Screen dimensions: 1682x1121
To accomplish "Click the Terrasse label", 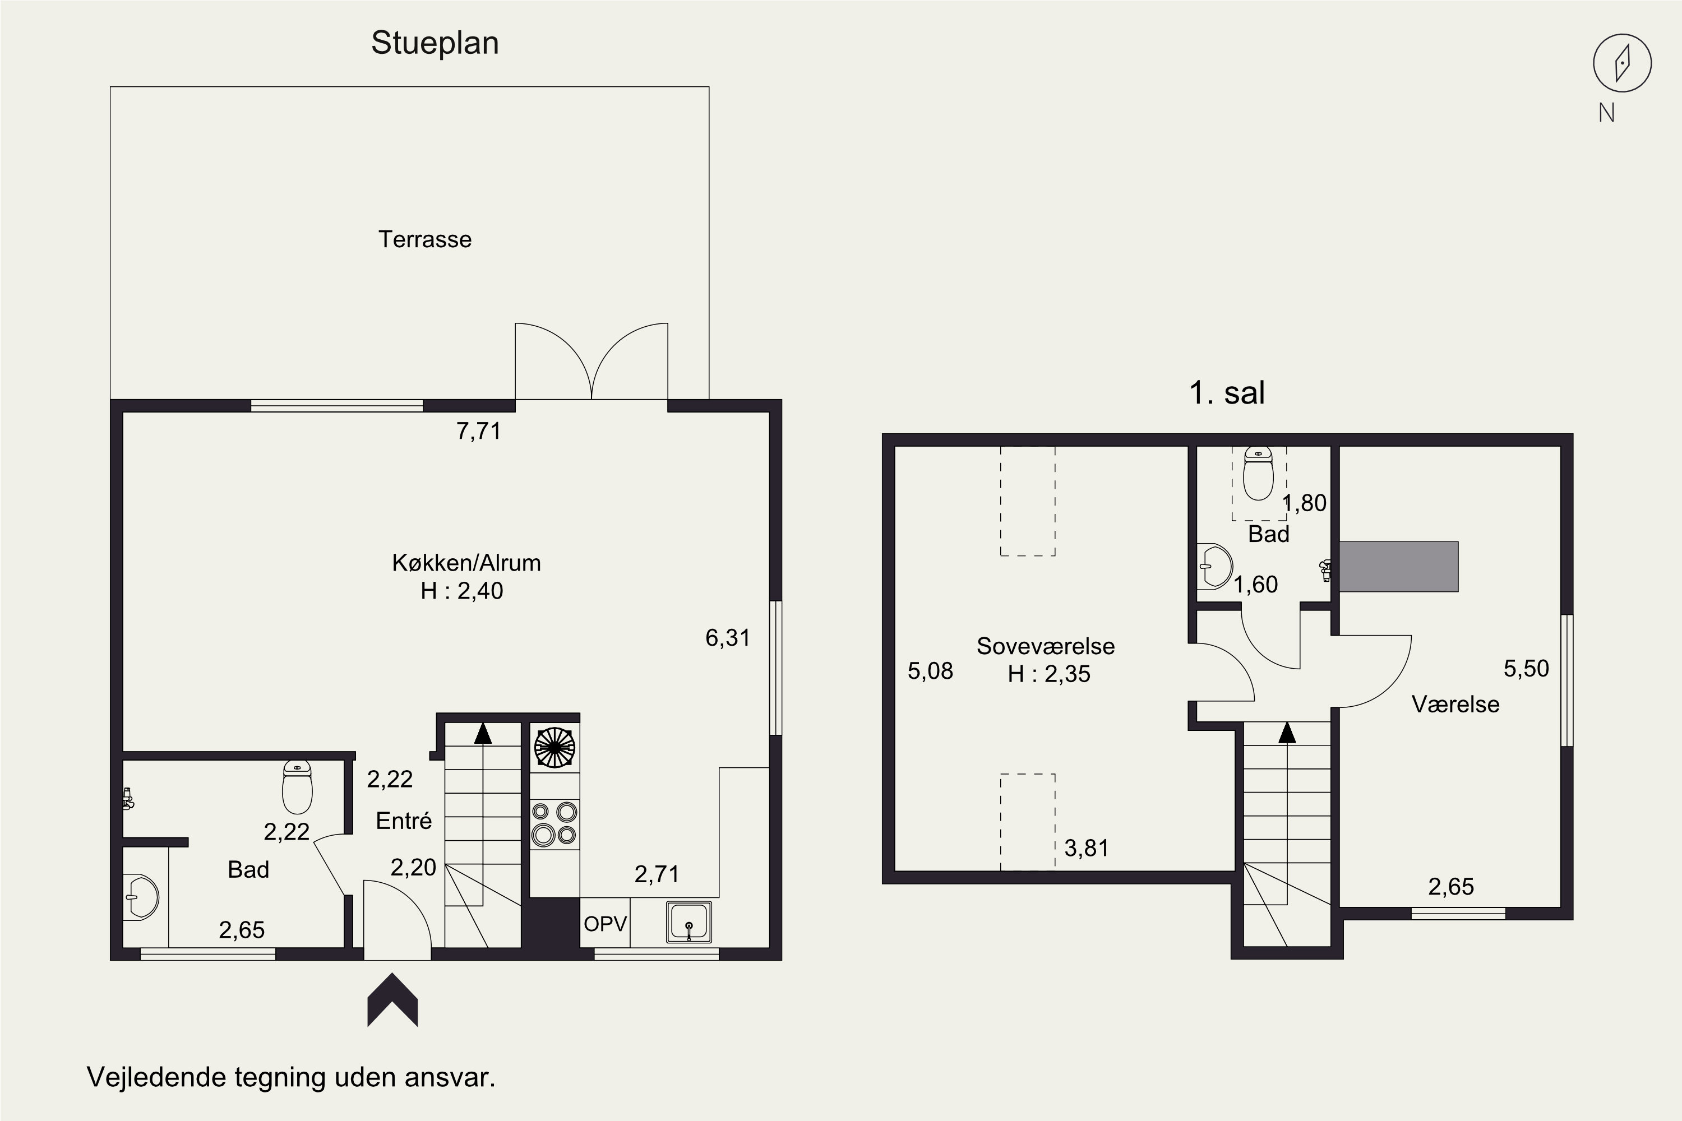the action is [425, 239].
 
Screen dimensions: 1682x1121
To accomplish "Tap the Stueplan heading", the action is [435, 43].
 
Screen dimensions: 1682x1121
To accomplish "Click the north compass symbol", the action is [1622, 63].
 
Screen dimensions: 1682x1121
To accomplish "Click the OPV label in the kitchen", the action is [605, 924].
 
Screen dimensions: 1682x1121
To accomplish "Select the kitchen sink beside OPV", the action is [688, 921].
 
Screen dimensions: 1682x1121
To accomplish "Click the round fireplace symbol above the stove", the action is [554, 748].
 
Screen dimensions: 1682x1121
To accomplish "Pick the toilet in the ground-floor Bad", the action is [297, 787].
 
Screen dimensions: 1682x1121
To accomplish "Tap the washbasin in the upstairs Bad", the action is [1214, 566].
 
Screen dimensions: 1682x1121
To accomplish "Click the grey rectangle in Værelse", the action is [1398, 566].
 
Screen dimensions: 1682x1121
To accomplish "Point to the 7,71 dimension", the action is [478, 431].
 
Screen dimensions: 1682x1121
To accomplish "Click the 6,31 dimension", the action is [727, 638].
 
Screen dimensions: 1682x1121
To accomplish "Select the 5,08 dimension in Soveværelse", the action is [930, 670].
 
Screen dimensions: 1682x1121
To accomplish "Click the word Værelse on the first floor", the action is [1455, 704].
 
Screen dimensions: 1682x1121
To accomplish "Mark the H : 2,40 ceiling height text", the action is [462, 591].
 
